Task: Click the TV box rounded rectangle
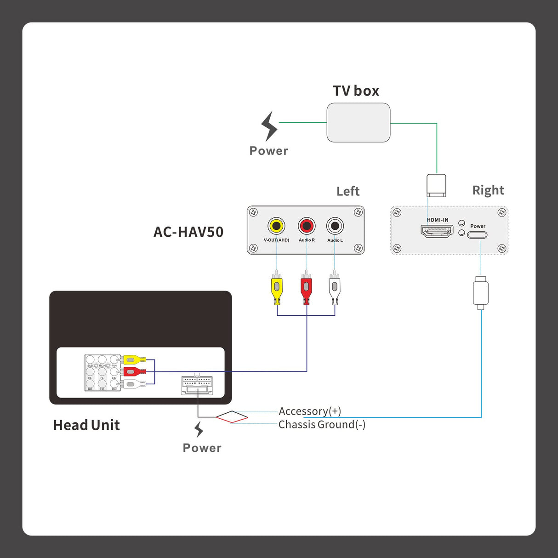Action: tap(358, 122)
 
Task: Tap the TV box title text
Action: tap(356, 91)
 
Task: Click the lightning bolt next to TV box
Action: tap(269, 126)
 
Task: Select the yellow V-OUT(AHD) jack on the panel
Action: tap(276, 226)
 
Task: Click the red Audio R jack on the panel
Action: tap(307, 226)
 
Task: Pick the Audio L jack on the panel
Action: tap(335, 226)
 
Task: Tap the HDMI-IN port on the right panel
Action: tap(437, 231)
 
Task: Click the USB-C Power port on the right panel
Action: tap(477, 235)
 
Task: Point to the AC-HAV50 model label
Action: tap(188, 232)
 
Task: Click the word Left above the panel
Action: tap(348, 191)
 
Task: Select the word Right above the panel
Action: tap(488, 190)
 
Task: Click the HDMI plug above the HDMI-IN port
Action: tap(436, 185)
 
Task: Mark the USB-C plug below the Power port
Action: tap(480, 293)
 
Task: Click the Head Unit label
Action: tap(86, 425)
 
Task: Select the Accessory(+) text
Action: tap(310, 411)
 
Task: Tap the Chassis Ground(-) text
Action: tap(322, 424)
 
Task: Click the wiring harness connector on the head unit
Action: tap(197, 386)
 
